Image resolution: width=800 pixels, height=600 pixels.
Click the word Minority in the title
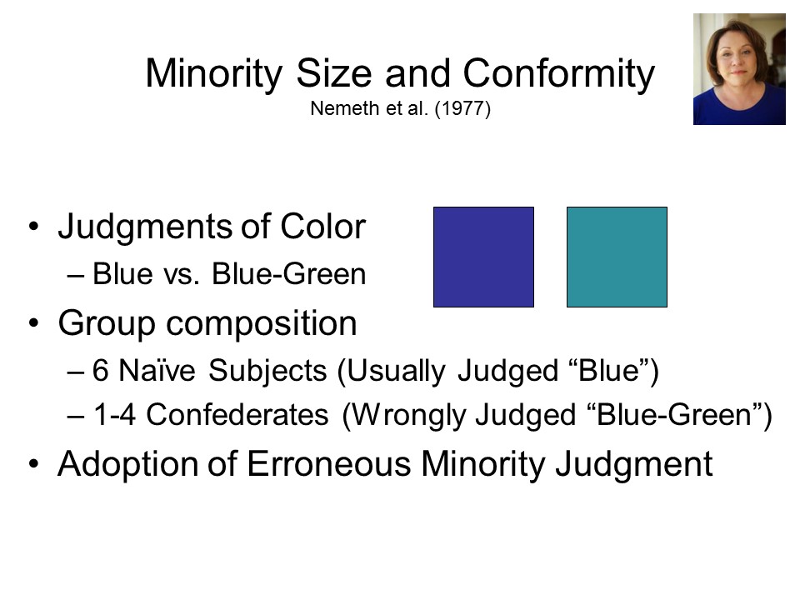[214, 73]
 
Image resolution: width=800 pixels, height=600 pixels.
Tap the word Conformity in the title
[558, 73]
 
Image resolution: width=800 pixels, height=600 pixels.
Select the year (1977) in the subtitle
[462, 108]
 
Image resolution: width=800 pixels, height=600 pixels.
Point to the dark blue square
[483, 257]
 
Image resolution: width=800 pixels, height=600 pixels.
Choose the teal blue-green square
[617, 257]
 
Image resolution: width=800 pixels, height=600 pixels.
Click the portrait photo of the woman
[739, 69]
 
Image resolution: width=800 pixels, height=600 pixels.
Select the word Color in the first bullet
[322, 226]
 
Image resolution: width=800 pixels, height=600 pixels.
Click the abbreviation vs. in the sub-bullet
[181, 274]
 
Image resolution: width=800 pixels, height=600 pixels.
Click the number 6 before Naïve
[100, 370]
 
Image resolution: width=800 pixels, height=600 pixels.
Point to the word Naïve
[157, 370]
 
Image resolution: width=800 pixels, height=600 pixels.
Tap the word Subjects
[267, 371]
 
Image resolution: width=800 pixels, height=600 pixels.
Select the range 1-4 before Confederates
[115, 414]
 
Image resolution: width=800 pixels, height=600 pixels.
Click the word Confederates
[237, 414]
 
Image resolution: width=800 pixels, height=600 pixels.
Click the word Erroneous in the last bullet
[328, 464]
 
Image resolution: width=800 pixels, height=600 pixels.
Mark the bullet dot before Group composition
[33, 323]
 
